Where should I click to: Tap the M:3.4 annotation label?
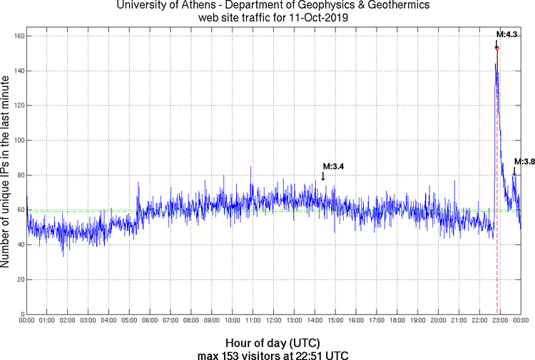tap(334, 166)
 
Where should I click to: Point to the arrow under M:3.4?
tap(323, 175)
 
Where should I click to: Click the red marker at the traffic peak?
tap(496, 48)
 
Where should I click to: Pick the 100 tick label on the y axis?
tap(17, 140)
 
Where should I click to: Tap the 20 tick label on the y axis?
tap(19, 279)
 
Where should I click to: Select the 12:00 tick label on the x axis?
tap(273, 322)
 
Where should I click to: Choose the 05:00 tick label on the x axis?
tap(129, 322)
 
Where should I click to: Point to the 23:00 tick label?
tap(499, 322)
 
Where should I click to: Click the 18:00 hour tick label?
tap(397, 322)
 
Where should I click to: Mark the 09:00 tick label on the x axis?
tap(212, 322)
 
